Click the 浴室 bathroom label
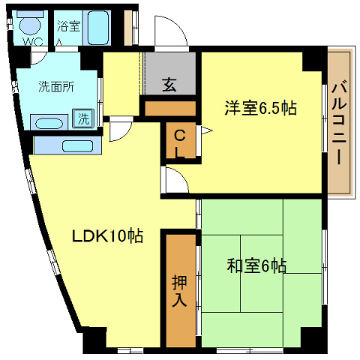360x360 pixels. [69, 26]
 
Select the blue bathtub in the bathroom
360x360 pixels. [97, 28]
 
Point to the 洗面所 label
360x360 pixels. [56, 85]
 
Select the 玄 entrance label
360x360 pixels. [169, 84]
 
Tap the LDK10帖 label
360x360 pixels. [107, 235]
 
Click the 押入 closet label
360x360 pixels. [180, 291]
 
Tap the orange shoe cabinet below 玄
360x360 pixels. [170, 109]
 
